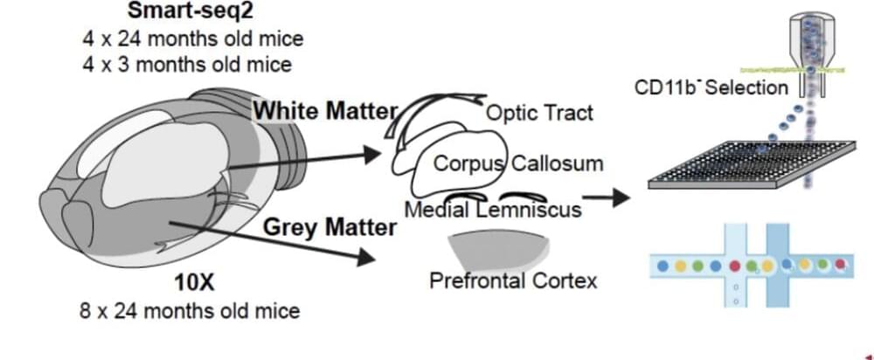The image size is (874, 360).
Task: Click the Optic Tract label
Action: tap(539, 113)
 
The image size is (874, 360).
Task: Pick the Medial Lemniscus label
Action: tap(493, 210)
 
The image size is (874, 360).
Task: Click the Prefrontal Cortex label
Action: tap(513, 281)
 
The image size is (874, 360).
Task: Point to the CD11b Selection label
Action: tap(711, 87)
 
